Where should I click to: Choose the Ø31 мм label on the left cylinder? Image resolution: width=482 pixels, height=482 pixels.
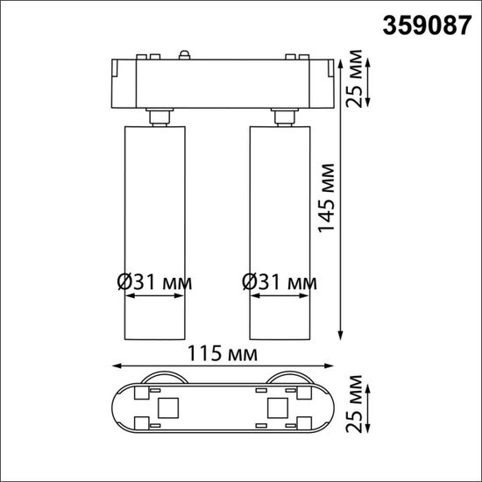[x=154, y=283]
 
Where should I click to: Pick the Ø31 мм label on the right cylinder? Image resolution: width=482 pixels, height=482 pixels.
[x=279, y=283]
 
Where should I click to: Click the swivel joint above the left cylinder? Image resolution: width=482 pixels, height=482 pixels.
[x=158, y=117]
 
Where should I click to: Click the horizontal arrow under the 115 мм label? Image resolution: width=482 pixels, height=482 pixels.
[x=223, y=366]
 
